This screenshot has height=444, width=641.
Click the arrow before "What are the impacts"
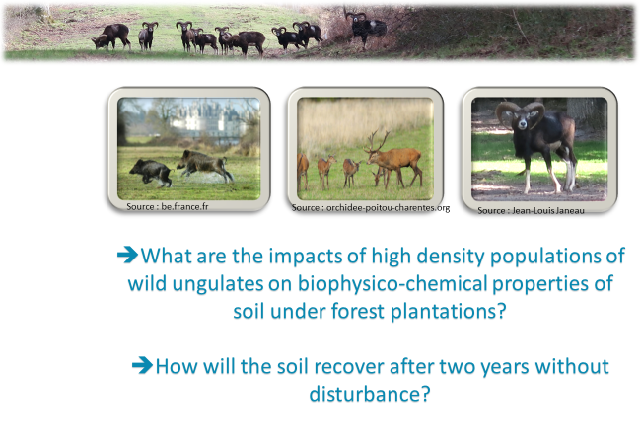pos(127,255)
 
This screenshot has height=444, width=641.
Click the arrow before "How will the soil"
pos(142,365)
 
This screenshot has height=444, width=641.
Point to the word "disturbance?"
pos(370,394)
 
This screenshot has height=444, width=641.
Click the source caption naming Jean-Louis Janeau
pos(531,210)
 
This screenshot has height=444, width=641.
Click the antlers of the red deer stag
pos(378,140)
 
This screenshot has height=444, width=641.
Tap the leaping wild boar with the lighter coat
pos(205,165)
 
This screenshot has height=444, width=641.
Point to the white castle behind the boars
pos(208,117)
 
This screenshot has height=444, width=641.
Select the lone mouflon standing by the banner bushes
pos(366,29)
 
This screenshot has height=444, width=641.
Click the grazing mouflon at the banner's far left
pos(111,37)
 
